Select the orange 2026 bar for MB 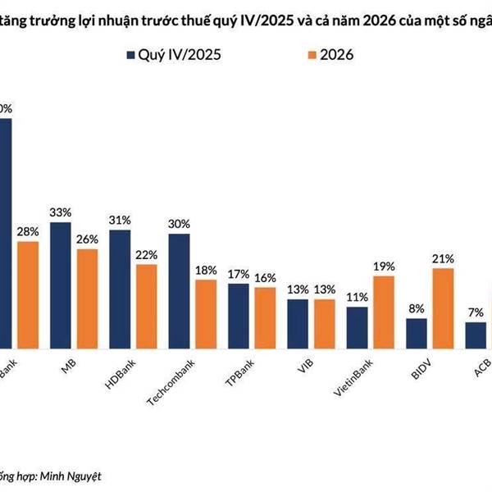[87, 297]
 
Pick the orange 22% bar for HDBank [147, 304]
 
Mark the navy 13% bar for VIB [298, 322]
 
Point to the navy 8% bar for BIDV [417, 332]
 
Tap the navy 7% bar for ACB [476, 334]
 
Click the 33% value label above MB [61, 212]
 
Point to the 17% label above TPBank [239, 274]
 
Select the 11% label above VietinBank [358, 297]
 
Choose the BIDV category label [420, 367]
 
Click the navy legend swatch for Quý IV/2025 [131, 56]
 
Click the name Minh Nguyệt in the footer [73, 475]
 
